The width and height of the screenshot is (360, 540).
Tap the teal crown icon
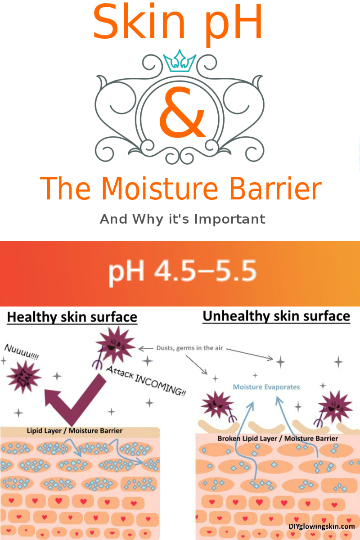180,62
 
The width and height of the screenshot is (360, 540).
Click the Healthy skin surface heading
72,317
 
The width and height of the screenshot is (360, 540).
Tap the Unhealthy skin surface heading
276,316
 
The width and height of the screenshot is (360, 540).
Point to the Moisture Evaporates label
266,387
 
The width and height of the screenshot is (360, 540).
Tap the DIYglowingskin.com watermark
321,526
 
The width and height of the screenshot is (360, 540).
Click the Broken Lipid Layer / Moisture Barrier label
278,438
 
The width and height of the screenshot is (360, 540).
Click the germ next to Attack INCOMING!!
114,347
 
